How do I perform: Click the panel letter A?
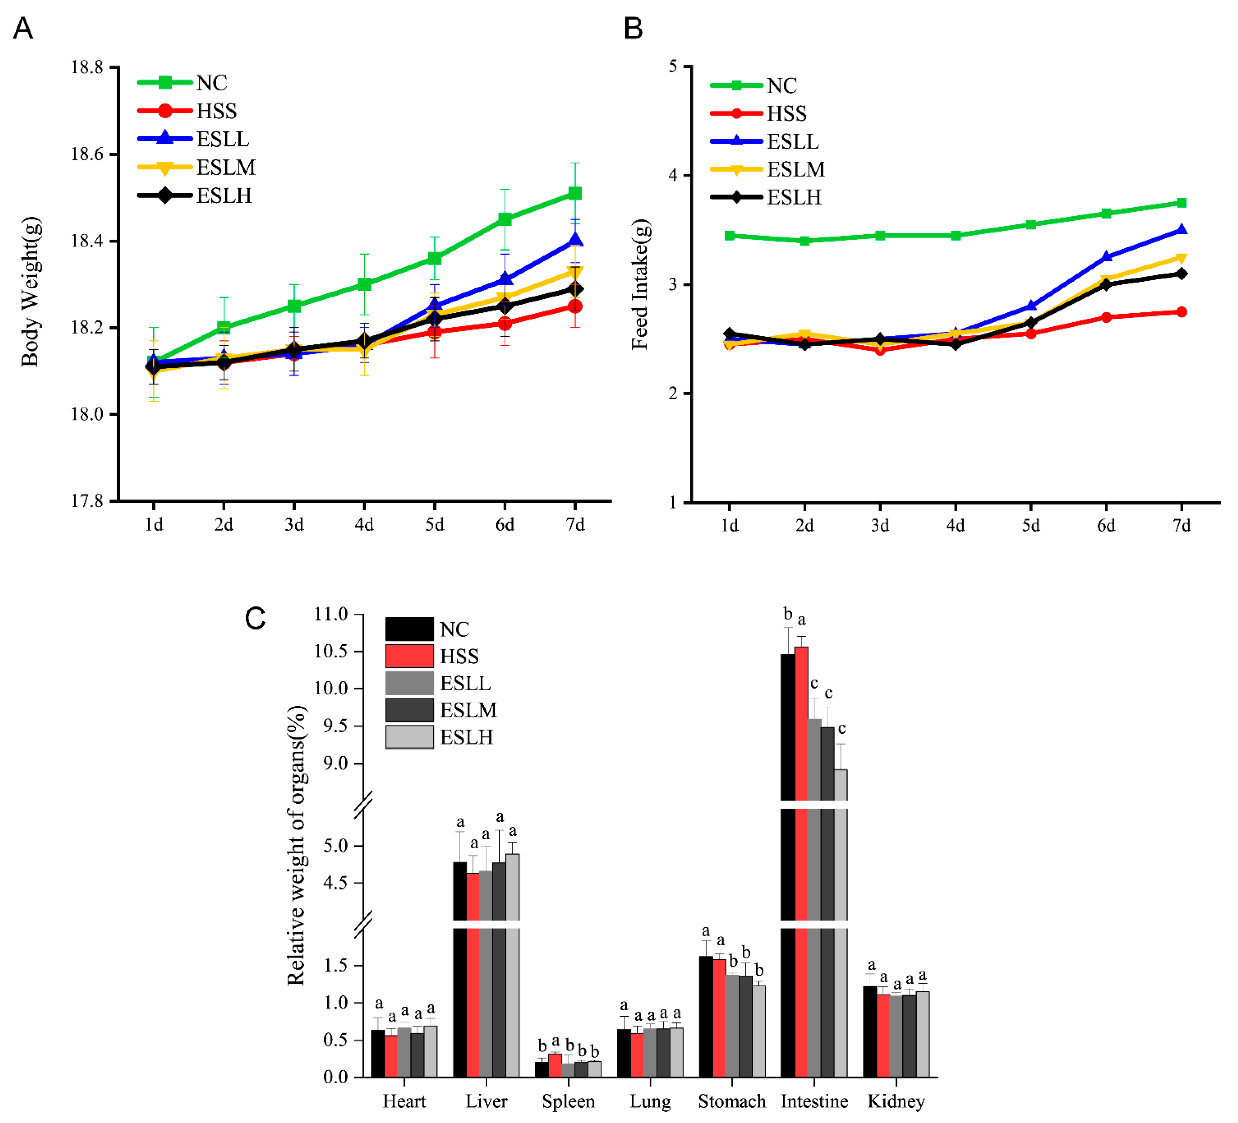(x=23, y=28)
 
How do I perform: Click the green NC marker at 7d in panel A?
(x=575, y=193)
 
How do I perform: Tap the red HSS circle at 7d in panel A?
(x=575, y=306)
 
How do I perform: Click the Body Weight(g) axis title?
(x=31, y=292)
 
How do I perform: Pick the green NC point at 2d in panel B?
(x=804, y=241)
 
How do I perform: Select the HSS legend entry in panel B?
(x=786, y=114)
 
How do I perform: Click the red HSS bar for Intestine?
(x=801, y=860)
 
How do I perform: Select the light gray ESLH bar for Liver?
(x=512, y=964)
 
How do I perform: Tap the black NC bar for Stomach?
(x=706, y=1016)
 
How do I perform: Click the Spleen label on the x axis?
(x=568, y=1101)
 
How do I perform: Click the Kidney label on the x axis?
(x=896, y=1101)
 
